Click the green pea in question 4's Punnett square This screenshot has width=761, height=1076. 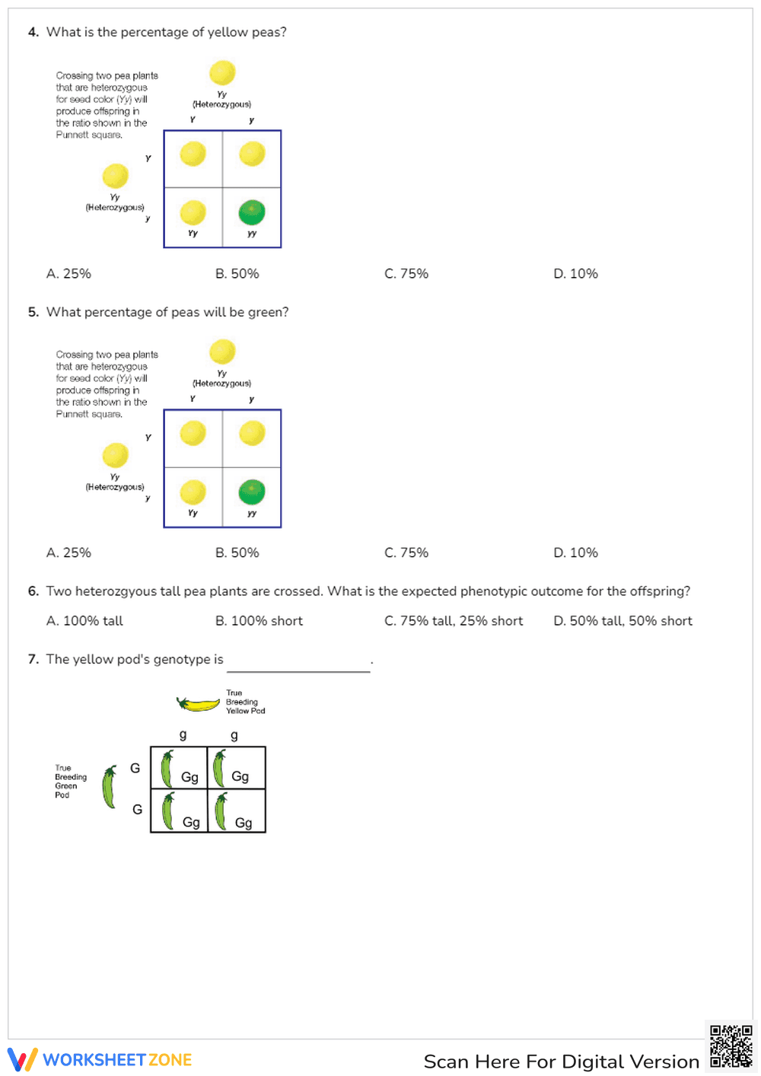(x=252, y=212)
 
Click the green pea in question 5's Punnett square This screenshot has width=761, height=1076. (x=252, y=492)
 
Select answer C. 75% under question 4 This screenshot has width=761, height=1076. (x=406, y=273)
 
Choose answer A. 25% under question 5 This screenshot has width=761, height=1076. (x=68, y=552)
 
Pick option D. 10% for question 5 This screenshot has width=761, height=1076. (x=575, y=552)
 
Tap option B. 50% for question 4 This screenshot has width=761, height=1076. (x=237, y=273)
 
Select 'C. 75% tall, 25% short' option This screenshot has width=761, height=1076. (x=454, y=621)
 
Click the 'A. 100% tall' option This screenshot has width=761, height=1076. (x=84, y=621)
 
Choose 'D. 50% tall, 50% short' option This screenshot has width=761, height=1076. (x=622, y=621)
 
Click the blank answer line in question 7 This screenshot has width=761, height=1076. (x=298, y=665)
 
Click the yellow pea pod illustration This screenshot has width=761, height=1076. (x=199, y=704)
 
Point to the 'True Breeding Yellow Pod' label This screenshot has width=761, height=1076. (x=245, y=702)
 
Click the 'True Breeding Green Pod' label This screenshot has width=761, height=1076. (x=70, y=782)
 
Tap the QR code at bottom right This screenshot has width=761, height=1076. (x=731, y=1046)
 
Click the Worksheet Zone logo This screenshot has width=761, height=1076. (x=100, y=1059)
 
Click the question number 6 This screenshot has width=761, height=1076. (x=33, y=591)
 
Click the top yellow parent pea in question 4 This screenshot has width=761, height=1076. (x=222, y=73)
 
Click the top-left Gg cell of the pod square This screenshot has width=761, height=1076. (x=179, y=768)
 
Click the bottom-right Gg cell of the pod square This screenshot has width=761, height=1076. (x=237, y=811)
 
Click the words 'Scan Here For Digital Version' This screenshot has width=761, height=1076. (x=561, y=1062)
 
